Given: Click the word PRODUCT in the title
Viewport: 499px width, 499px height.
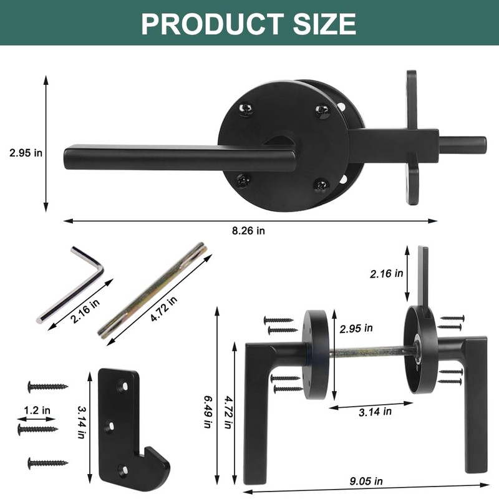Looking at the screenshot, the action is click(212, 24).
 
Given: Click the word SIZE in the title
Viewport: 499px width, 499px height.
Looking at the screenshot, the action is click(324, 24).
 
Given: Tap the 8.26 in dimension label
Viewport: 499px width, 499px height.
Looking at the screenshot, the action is click(248, 230).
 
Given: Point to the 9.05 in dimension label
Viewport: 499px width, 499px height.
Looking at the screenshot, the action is click(366, 481).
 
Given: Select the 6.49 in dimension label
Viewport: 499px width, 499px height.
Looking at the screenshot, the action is click(208, 412).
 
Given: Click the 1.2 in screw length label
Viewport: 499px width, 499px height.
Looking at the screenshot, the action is click(37, 410).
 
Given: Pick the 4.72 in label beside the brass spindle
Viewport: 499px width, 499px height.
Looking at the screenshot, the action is click(163, 308).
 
